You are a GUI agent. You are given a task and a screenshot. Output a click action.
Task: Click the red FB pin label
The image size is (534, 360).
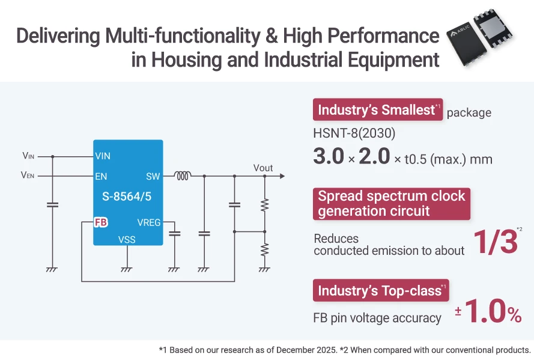point(101,222)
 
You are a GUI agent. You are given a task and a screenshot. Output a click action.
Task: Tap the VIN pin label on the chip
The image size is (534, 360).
point(103,156)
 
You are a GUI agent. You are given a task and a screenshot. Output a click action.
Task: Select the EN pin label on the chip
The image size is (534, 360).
point(101,177)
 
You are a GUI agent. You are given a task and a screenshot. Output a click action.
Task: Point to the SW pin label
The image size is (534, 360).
point(153,177)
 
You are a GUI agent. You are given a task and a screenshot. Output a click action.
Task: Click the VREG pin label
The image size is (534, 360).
point(149,222)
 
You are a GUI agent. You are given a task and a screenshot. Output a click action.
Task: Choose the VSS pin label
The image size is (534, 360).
point(127,239)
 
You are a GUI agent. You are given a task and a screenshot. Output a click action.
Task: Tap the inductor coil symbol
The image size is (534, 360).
point(183,176)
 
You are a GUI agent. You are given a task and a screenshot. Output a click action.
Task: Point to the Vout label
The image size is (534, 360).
point(263,168)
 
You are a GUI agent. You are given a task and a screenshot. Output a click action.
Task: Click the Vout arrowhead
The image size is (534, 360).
point(281,177)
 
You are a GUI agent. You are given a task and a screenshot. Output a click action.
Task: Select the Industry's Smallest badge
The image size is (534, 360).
point(377,110)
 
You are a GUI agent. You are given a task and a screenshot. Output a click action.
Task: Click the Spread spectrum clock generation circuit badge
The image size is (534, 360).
point(392,204)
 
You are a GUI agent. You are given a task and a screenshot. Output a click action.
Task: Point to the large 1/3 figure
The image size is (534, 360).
point(495,242)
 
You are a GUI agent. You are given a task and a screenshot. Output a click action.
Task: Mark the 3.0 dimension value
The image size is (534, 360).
point(333,157)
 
